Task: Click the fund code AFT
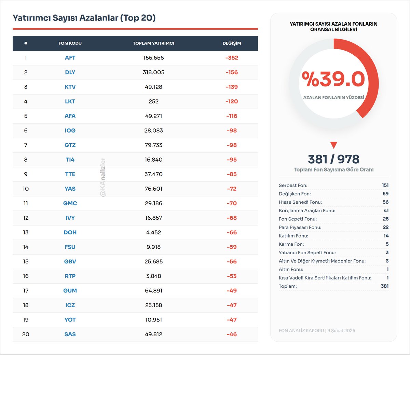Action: click(x=70, y=58)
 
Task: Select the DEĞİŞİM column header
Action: click(x=232, y=43)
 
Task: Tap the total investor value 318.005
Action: click(x=153, y=72)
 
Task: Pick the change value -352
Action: click(x=232, y=58)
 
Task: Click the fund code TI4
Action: click(x=70, y=160)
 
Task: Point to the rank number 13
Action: click(x=26, y=232)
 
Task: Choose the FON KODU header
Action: click(x=70, y=43)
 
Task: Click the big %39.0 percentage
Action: click(x=333, y=79)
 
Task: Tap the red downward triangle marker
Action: click(x=333, y=145)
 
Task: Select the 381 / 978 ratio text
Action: click(x=333, y=159)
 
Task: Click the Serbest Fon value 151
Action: click(x=385, y=185)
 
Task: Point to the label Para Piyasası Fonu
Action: click(x=300, y=228)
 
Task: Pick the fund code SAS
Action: click(x=70, y=334)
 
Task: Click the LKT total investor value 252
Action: click(x=153, y=101)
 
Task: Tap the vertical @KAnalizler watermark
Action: click(x=103, y=177)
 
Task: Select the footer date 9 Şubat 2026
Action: click(x=341, y=331)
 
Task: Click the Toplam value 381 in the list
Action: click(x=385, y=286)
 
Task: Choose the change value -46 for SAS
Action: click(x=232, y=334)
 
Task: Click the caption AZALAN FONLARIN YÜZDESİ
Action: click(x=333, y=98)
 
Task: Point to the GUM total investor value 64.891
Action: click(x=153, y=291)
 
